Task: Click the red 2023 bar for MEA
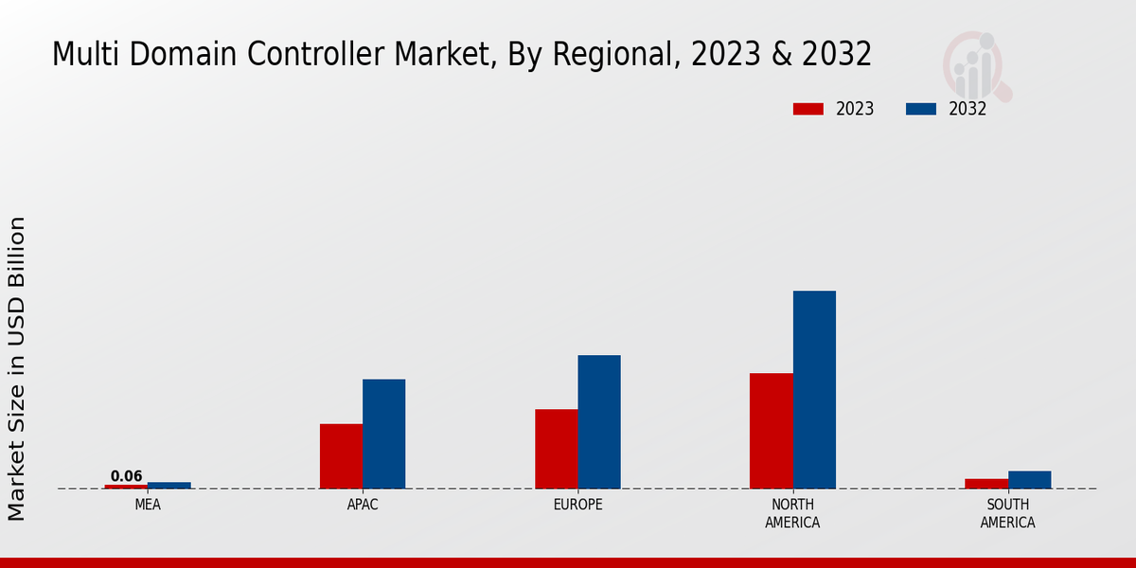[x=126, y=487]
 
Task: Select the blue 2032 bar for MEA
[x=169, y=486]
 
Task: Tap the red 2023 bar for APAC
[x=341, y=456]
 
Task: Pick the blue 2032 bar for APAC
[x=383, y=434]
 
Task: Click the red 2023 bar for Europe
[x=556, y=449]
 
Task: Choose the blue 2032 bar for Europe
[x=599, y=422]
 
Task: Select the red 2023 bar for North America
[x=771, y=431]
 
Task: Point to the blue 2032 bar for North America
[x=814, y=389]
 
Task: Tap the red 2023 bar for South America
[x=986, y=484]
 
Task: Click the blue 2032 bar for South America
[x=1029, y=480]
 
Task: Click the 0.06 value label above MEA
[x=126, y=476]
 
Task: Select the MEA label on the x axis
[x=148, y=505]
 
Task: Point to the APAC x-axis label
[x=363, y=505]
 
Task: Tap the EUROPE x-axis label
[x=577, y=505]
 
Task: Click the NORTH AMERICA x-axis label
[x=792, y=513]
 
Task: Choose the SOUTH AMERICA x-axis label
[x=1007, y=513]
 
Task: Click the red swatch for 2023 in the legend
[x=808, y=109]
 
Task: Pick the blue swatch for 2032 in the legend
[x=920, y=109]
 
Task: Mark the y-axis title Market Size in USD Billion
[x=17, y=368]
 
